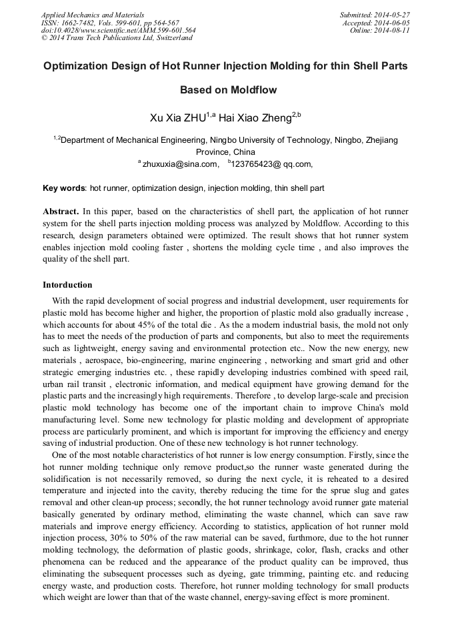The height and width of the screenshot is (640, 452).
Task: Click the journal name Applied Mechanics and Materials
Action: point(93,14)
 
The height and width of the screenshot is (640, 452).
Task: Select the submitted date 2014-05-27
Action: point(391,14)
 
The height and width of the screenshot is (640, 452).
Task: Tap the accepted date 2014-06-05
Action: point(392,22)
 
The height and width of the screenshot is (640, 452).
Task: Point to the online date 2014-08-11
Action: point(392,30)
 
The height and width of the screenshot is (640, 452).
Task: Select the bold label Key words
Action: point(64,189)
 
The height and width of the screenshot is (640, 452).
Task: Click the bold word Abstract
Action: point(62,212)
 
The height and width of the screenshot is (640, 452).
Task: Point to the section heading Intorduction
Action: point(67,285)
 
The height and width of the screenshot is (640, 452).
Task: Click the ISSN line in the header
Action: point(110,22)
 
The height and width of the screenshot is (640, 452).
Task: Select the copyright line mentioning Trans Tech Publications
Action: point(117,38)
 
